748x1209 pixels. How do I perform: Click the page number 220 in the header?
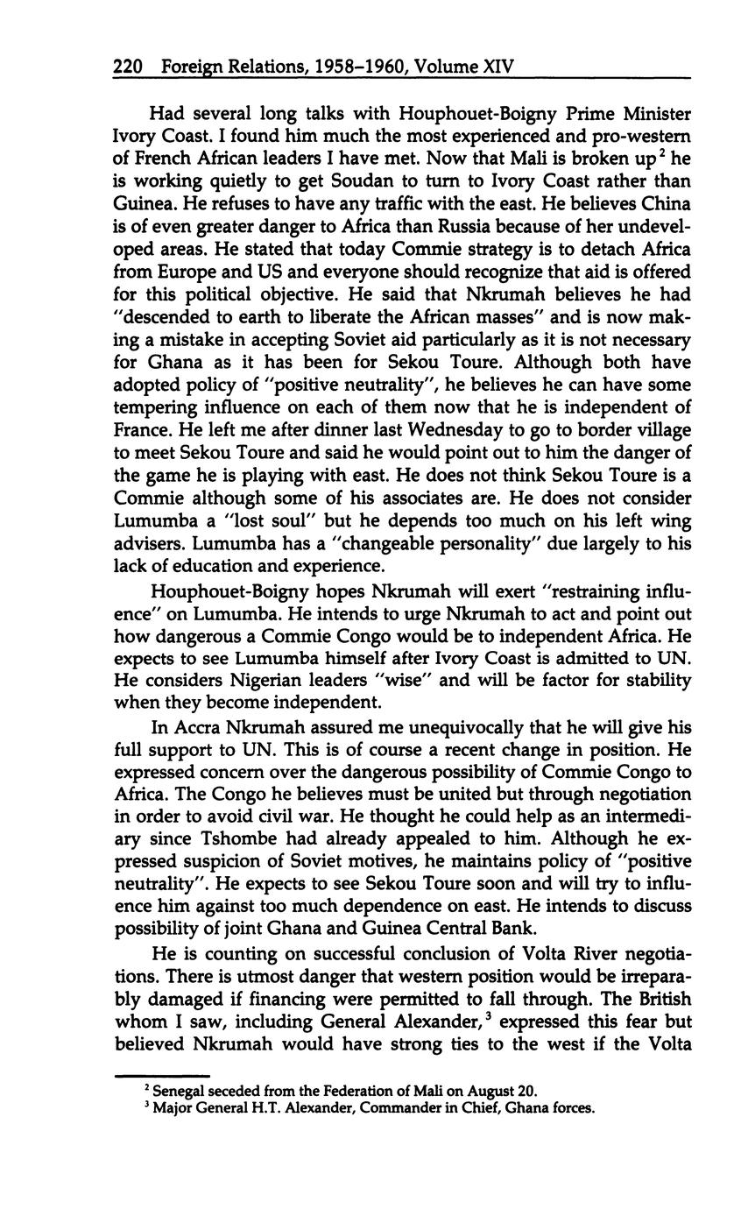pyautogui.click(x=129, y=67)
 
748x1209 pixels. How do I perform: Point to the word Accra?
pyautogui.click(x=195, y=727)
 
